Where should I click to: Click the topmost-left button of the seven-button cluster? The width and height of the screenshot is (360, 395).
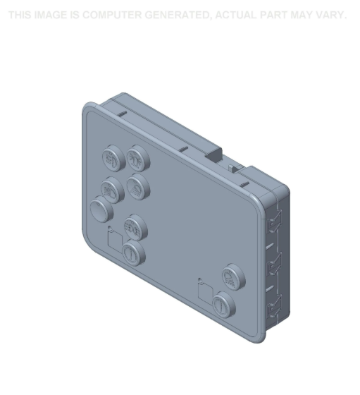click(x=113, y=159)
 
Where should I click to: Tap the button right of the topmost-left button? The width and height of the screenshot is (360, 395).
click(x=137, y=159)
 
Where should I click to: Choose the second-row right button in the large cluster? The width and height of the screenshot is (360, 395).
click(x=136, y=186)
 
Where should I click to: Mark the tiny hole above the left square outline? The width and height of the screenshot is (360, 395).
click(x=109, y=227)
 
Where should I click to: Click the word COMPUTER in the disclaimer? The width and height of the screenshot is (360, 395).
click(x=111, y=15)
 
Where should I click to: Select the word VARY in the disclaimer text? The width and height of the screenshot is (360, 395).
click(x=330, y=15)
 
